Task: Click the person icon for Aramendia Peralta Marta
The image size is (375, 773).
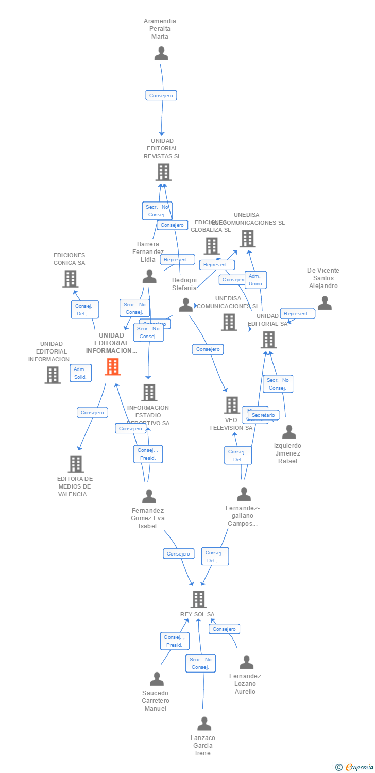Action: click(x=161, y=54)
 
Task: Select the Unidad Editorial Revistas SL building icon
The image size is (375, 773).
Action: click(x=163, y=172)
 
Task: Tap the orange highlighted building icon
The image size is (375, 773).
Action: click(x=113, y=366)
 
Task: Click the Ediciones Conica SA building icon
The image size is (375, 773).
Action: click(x=70, y=279)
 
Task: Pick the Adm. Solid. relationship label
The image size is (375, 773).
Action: click(x=80, y=373)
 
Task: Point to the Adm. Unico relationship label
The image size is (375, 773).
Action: click(x=255, y=280)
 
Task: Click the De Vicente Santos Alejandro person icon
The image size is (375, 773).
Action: click(x=325, y=303)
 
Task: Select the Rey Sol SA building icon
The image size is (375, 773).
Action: click(x=198, y=599)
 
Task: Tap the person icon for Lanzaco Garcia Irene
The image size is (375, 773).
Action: click(x=204, y=724)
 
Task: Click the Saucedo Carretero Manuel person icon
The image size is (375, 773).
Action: click(x=157, y=679)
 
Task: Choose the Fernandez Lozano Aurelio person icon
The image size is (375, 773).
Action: click(x=246, y=662)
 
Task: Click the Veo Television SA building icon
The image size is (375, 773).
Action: click(x=232, y=405)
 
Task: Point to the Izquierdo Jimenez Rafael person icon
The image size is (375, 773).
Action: click(x=289, y=432)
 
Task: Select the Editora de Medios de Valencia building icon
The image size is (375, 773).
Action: click(x=76, y=464)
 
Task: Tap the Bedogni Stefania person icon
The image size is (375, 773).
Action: click(x=185, y=305)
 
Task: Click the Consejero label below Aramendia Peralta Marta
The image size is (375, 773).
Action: click(x=161, y=95)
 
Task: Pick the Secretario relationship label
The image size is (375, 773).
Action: click(x=263, y=415)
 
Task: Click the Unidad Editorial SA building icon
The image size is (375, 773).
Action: click(x=268, y=340)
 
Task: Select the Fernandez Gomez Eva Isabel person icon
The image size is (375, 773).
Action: click(x=149, y=496)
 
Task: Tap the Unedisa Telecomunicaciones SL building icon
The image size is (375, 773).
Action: click(x=247, y=239)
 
